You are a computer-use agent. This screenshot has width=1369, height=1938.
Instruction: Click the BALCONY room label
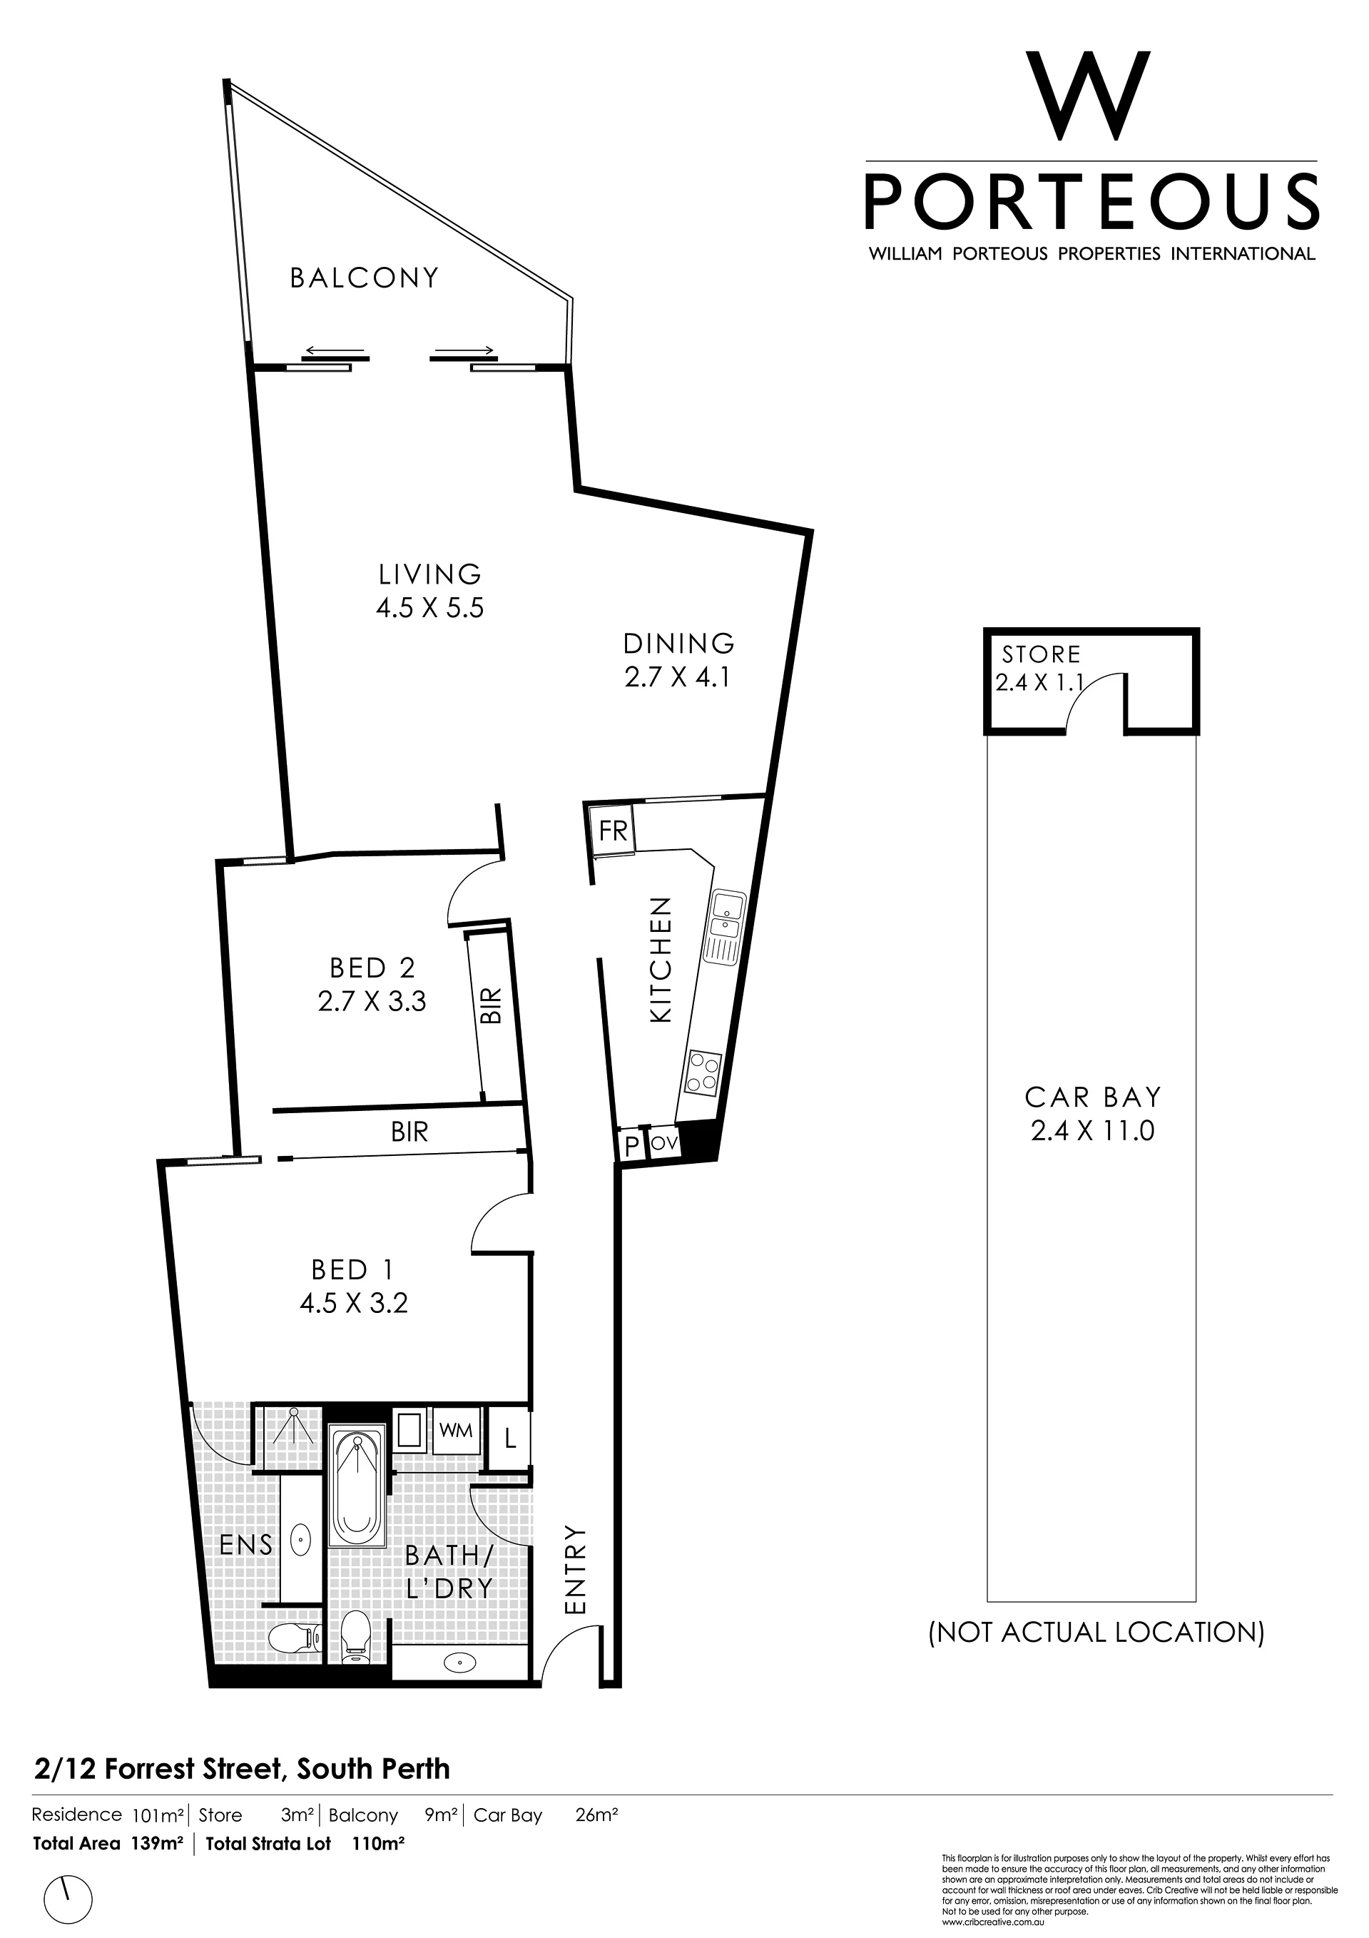365,278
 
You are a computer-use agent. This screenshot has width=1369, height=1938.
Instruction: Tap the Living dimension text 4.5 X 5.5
429,608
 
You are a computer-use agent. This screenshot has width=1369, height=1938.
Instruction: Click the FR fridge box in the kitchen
614,831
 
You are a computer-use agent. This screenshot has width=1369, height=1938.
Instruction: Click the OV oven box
665,1144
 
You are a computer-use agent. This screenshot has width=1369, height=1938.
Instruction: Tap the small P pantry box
631,1146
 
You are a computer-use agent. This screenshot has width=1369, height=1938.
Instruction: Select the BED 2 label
372,968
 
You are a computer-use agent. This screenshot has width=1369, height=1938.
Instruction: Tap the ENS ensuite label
245,1545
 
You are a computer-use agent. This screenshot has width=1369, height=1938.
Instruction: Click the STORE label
1041,654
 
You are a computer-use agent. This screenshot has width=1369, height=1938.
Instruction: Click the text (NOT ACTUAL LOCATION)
1096,1633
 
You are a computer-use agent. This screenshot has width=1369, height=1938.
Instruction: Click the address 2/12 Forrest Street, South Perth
243,1769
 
